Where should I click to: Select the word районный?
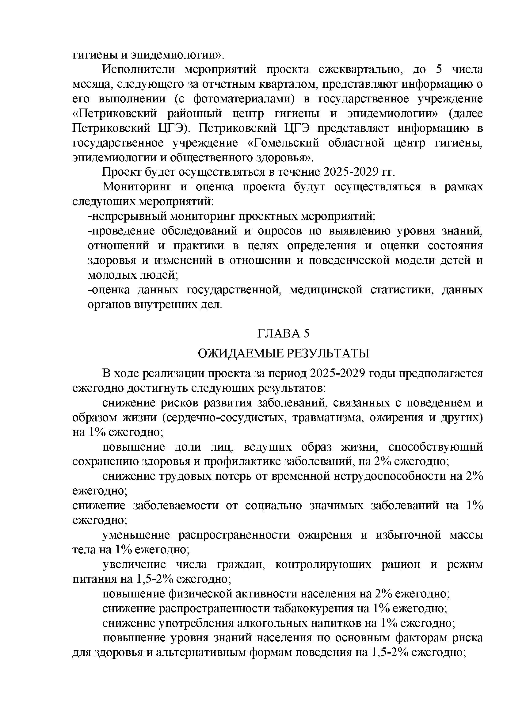click(x=194, y=113)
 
